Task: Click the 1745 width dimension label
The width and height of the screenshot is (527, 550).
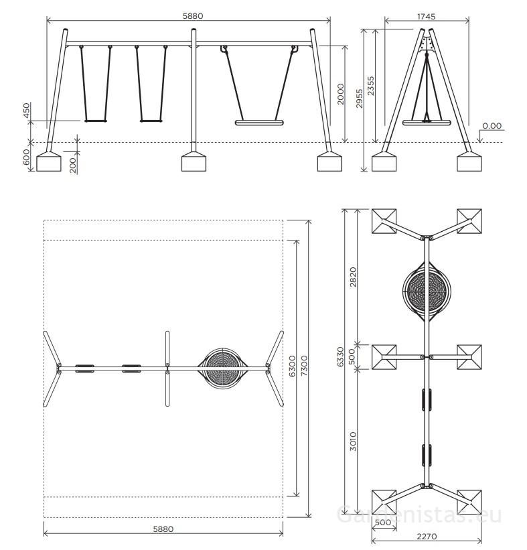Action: point(426,17)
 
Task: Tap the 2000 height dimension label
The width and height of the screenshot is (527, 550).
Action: point(341,94)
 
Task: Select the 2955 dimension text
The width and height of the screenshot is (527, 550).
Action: point(360,98)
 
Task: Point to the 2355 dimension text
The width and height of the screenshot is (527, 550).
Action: point(370,86)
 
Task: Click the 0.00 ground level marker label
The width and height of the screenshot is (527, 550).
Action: point(492,125)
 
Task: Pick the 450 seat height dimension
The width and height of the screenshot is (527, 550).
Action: point(26,111)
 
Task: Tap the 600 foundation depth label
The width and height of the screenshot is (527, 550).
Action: point(26,157)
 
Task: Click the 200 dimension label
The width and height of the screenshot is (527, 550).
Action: point(72,165)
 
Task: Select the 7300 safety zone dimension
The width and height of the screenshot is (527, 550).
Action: point(305,366)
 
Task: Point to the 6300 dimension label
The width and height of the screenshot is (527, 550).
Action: point(293,366)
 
